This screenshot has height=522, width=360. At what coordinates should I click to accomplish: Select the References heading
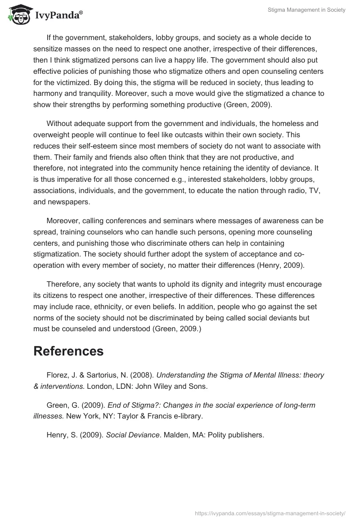[x=68, y=351]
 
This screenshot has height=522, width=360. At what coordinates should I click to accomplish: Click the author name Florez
[x=57, y=374]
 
